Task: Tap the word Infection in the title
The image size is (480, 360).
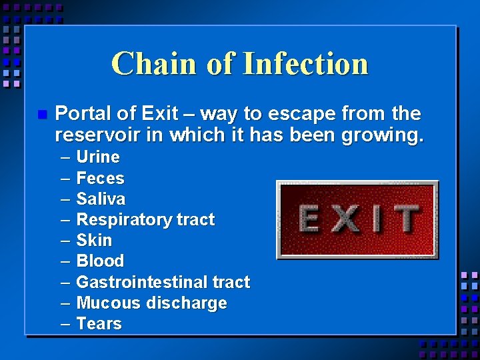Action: [305, 64]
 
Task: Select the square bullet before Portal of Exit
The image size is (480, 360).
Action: [41, 115]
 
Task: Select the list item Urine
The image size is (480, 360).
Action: [98, 157]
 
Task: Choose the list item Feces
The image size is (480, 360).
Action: [100, 178]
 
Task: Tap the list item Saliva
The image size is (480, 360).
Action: [101, 199]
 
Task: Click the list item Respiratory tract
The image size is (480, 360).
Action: [145, 220]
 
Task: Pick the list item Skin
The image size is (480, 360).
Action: [94, 240]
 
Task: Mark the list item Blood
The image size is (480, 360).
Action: [100, 261]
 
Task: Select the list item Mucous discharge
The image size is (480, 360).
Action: [151, 303]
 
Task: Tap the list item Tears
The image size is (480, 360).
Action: [99, 323]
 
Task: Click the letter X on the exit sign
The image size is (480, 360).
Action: [345, 219]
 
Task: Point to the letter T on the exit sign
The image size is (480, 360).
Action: [404, 219]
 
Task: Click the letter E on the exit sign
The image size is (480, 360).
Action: [309, 219]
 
